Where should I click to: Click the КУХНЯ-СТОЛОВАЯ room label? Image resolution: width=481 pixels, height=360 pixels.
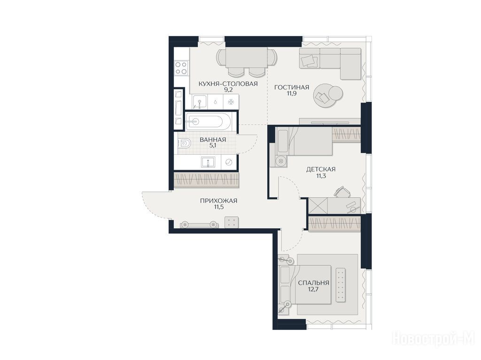tap(228, 83)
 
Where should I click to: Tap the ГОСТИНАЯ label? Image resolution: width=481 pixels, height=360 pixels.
tap(291, 88)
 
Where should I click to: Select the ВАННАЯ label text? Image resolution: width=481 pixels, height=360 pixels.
tap(213, 140)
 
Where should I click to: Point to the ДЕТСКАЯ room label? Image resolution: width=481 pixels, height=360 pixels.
tap(321, 169)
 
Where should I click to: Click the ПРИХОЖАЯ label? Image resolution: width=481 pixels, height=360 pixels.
tap(218, 201)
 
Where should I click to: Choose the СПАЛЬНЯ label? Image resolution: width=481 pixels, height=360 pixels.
tap(313, 283)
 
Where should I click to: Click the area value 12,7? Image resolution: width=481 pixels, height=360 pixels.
tap(313, 289)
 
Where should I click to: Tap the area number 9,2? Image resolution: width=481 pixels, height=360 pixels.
tap(228, 90)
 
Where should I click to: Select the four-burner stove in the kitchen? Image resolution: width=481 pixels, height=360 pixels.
tap(181, 68)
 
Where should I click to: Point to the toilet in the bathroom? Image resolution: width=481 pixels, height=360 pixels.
tap(184, 143)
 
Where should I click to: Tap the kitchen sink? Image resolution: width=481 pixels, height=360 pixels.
tap(200, 102)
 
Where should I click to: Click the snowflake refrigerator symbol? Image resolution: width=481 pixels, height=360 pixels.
tap(231, 102)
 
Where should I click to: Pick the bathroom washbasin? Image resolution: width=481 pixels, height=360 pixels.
tap(208, 162)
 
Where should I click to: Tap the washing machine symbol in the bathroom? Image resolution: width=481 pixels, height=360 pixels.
tap(229, 162)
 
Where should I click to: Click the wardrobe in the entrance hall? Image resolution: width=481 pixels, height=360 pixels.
tap(206, 180)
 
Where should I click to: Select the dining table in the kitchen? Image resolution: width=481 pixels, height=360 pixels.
tap(246, 57)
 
